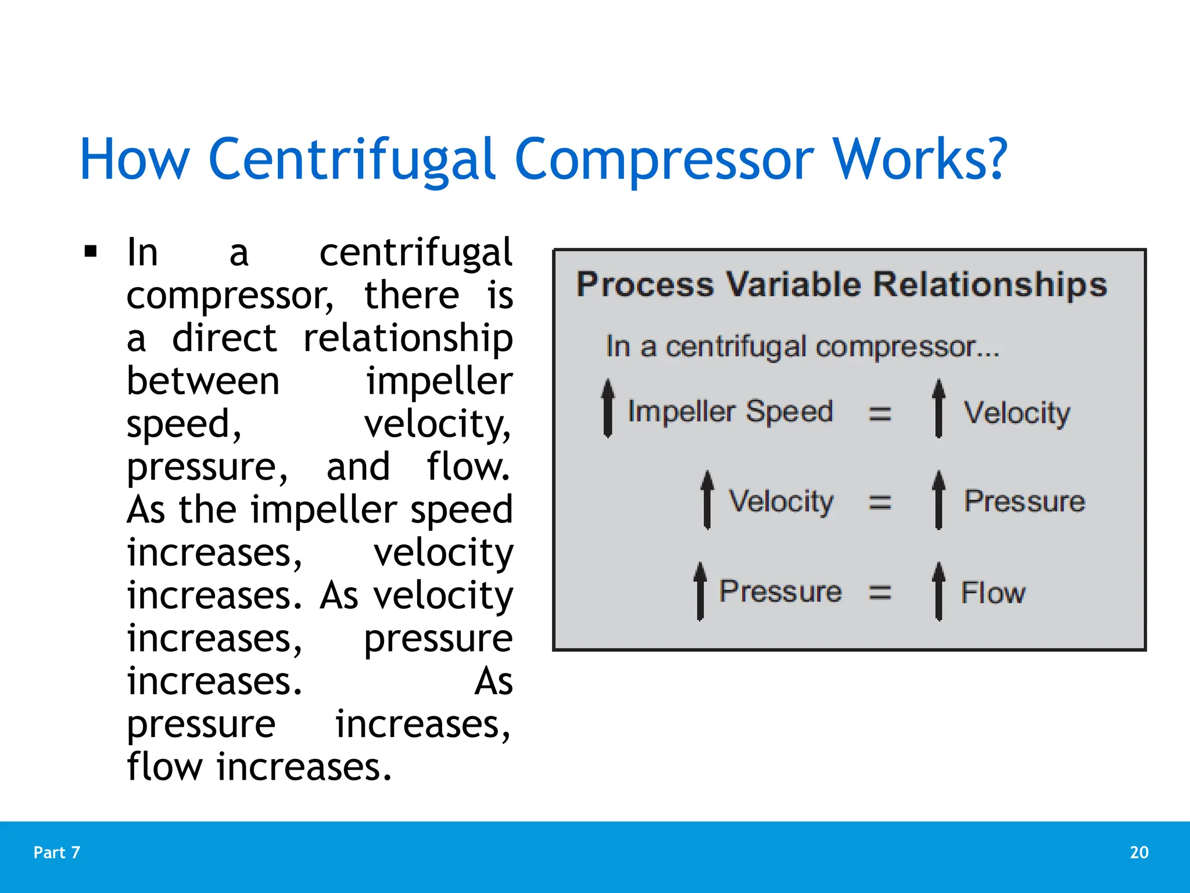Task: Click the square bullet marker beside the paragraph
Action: [91, 252]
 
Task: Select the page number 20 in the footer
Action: [1139, 852]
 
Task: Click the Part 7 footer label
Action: [56, 852]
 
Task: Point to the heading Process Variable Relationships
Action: [841, 285]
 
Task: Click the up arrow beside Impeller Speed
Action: [608, 409]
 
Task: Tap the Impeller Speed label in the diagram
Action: [730, 412]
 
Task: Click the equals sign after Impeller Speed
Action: [879, 414]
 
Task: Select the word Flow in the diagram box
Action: [992, 593]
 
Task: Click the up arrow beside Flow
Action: [938, 591]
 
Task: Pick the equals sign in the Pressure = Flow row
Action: [879, 592]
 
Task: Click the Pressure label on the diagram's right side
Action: [1024, 501]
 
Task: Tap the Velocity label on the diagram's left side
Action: [781, 501]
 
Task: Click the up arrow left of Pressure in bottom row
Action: [700, 591]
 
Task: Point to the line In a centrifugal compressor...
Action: [802, 347]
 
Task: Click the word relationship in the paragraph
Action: [408, 338]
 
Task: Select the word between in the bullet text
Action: [203, 381]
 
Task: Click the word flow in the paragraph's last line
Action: [165, 767]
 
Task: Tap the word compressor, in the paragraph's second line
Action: [230, 296]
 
